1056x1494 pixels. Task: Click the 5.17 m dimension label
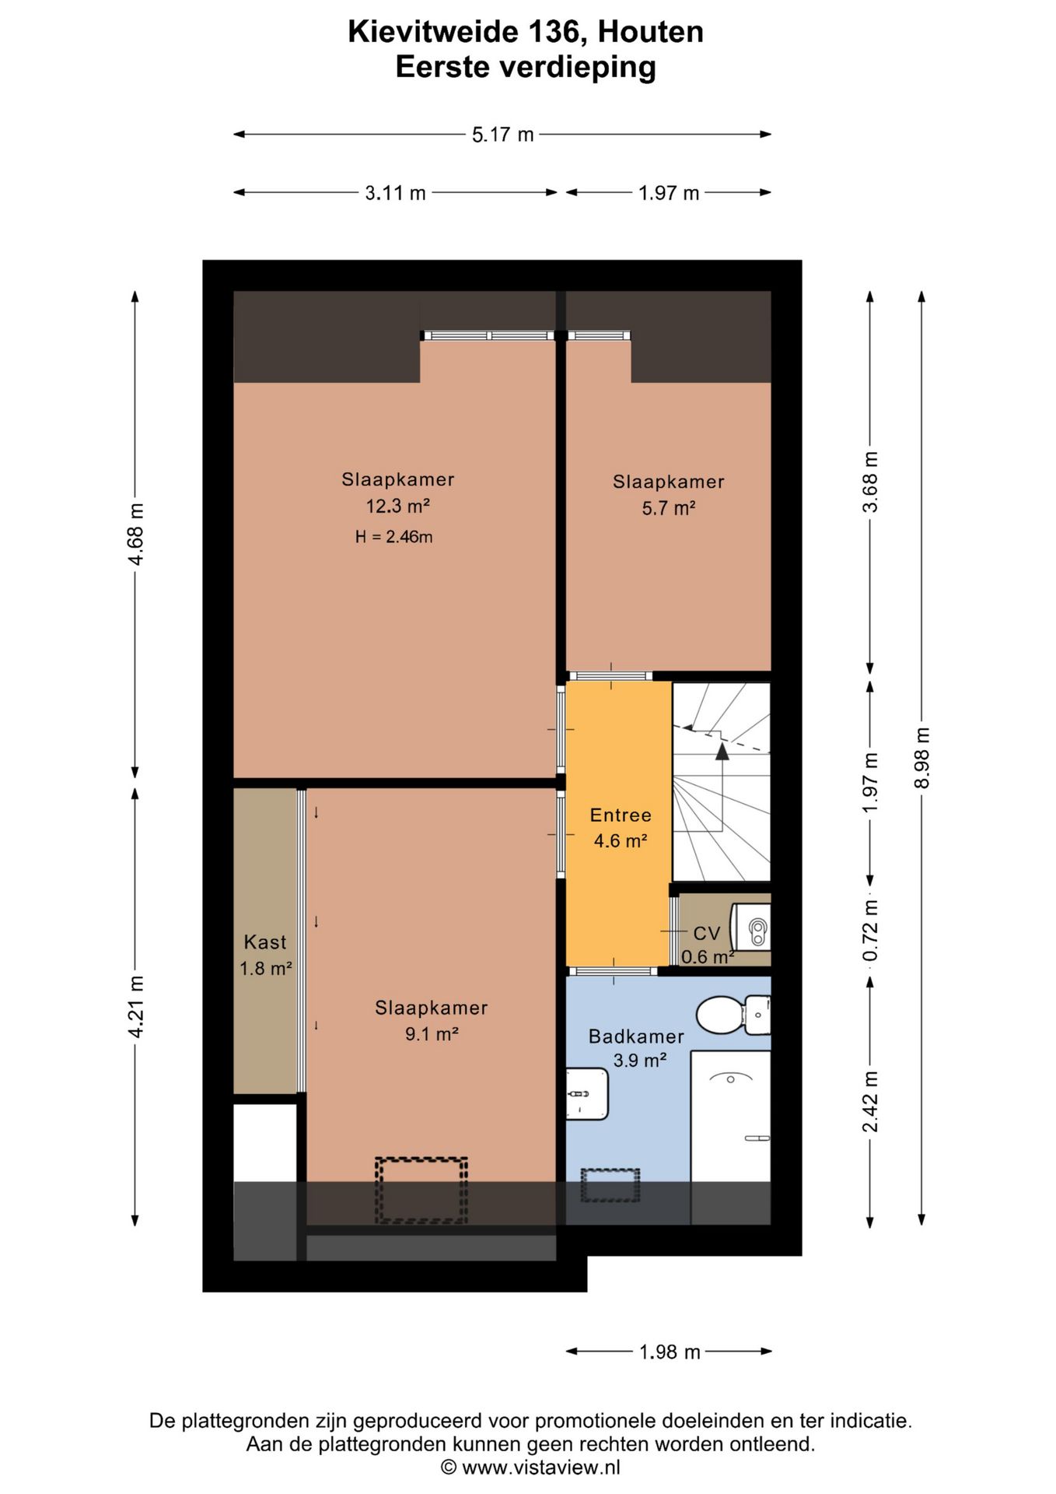click(x=502, y=135)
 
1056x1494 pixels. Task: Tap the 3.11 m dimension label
click(x=395, y=193)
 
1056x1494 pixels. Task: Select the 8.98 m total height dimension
click(x=922, y=757)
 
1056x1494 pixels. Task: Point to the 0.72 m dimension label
click(x=871, y=930)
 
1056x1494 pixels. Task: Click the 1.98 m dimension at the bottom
click(x=670, y=1352)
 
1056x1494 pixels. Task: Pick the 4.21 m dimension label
click(x=136, y=1006)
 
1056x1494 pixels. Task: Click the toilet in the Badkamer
click(x=733, y=1015)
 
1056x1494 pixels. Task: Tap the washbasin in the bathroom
click(x=586, y=1094)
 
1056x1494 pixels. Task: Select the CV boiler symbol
click(x=751, y=928)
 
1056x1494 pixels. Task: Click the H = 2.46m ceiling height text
click(x=393, y=536)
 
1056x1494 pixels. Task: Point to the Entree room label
click(x=621, y=815)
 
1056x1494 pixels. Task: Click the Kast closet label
click(x=265, y=942)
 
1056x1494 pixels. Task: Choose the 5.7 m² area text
click(x=668, y=508)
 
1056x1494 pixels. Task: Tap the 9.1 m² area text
click(x=432, y=1034)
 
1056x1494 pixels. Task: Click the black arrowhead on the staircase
click(x=722, y=751)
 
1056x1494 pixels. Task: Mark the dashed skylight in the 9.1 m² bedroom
click(x=421, y=1191)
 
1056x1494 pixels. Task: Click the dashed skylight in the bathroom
click(x=610, y=1185)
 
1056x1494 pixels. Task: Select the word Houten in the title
click(x=651, y=32)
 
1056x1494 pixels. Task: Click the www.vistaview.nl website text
click(x=541, y=1468)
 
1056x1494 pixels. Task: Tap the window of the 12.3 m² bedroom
click(x=488, y=335)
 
